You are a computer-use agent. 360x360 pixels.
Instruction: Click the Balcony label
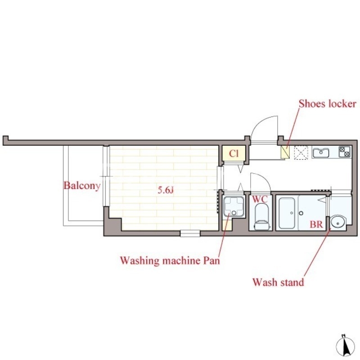tap(82, 186)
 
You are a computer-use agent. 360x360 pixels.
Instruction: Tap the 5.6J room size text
tap(166, 190)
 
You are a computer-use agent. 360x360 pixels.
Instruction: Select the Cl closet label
tap(234, 153)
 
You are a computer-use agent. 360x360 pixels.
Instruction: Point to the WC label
tap(260, 199)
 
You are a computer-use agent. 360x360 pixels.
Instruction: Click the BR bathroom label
tap(316, 224)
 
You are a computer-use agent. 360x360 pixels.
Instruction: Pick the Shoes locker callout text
tap(328, 104)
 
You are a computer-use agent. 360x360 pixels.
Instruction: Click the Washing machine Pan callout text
tap(170, 261)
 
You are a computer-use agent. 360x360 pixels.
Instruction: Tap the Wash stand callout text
tap(278, 282)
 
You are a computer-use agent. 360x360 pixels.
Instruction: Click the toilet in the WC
tap(261, 218)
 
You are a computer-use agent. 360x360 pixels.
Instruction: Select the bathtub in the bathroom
tap(287, 213)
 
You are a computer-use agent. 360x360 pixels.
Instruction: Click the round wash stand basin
tap(338, 222)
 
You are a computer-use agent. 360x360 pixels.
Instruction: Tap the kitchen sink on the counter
tap(320, 153)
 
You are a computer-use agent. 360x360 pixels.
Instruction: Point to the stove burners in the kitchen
tap(345, 152)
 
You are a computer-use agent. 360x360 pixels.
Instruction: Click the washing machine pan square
tap(234, 207)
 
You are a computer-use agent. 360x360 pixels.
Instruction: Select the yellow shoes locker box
tap(285, 152)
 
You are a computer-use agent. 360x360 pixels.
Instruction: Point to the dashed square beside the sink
tap(301, 153)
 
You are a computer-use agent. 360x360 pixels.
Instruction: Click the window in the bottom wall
tap(190, 233)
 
